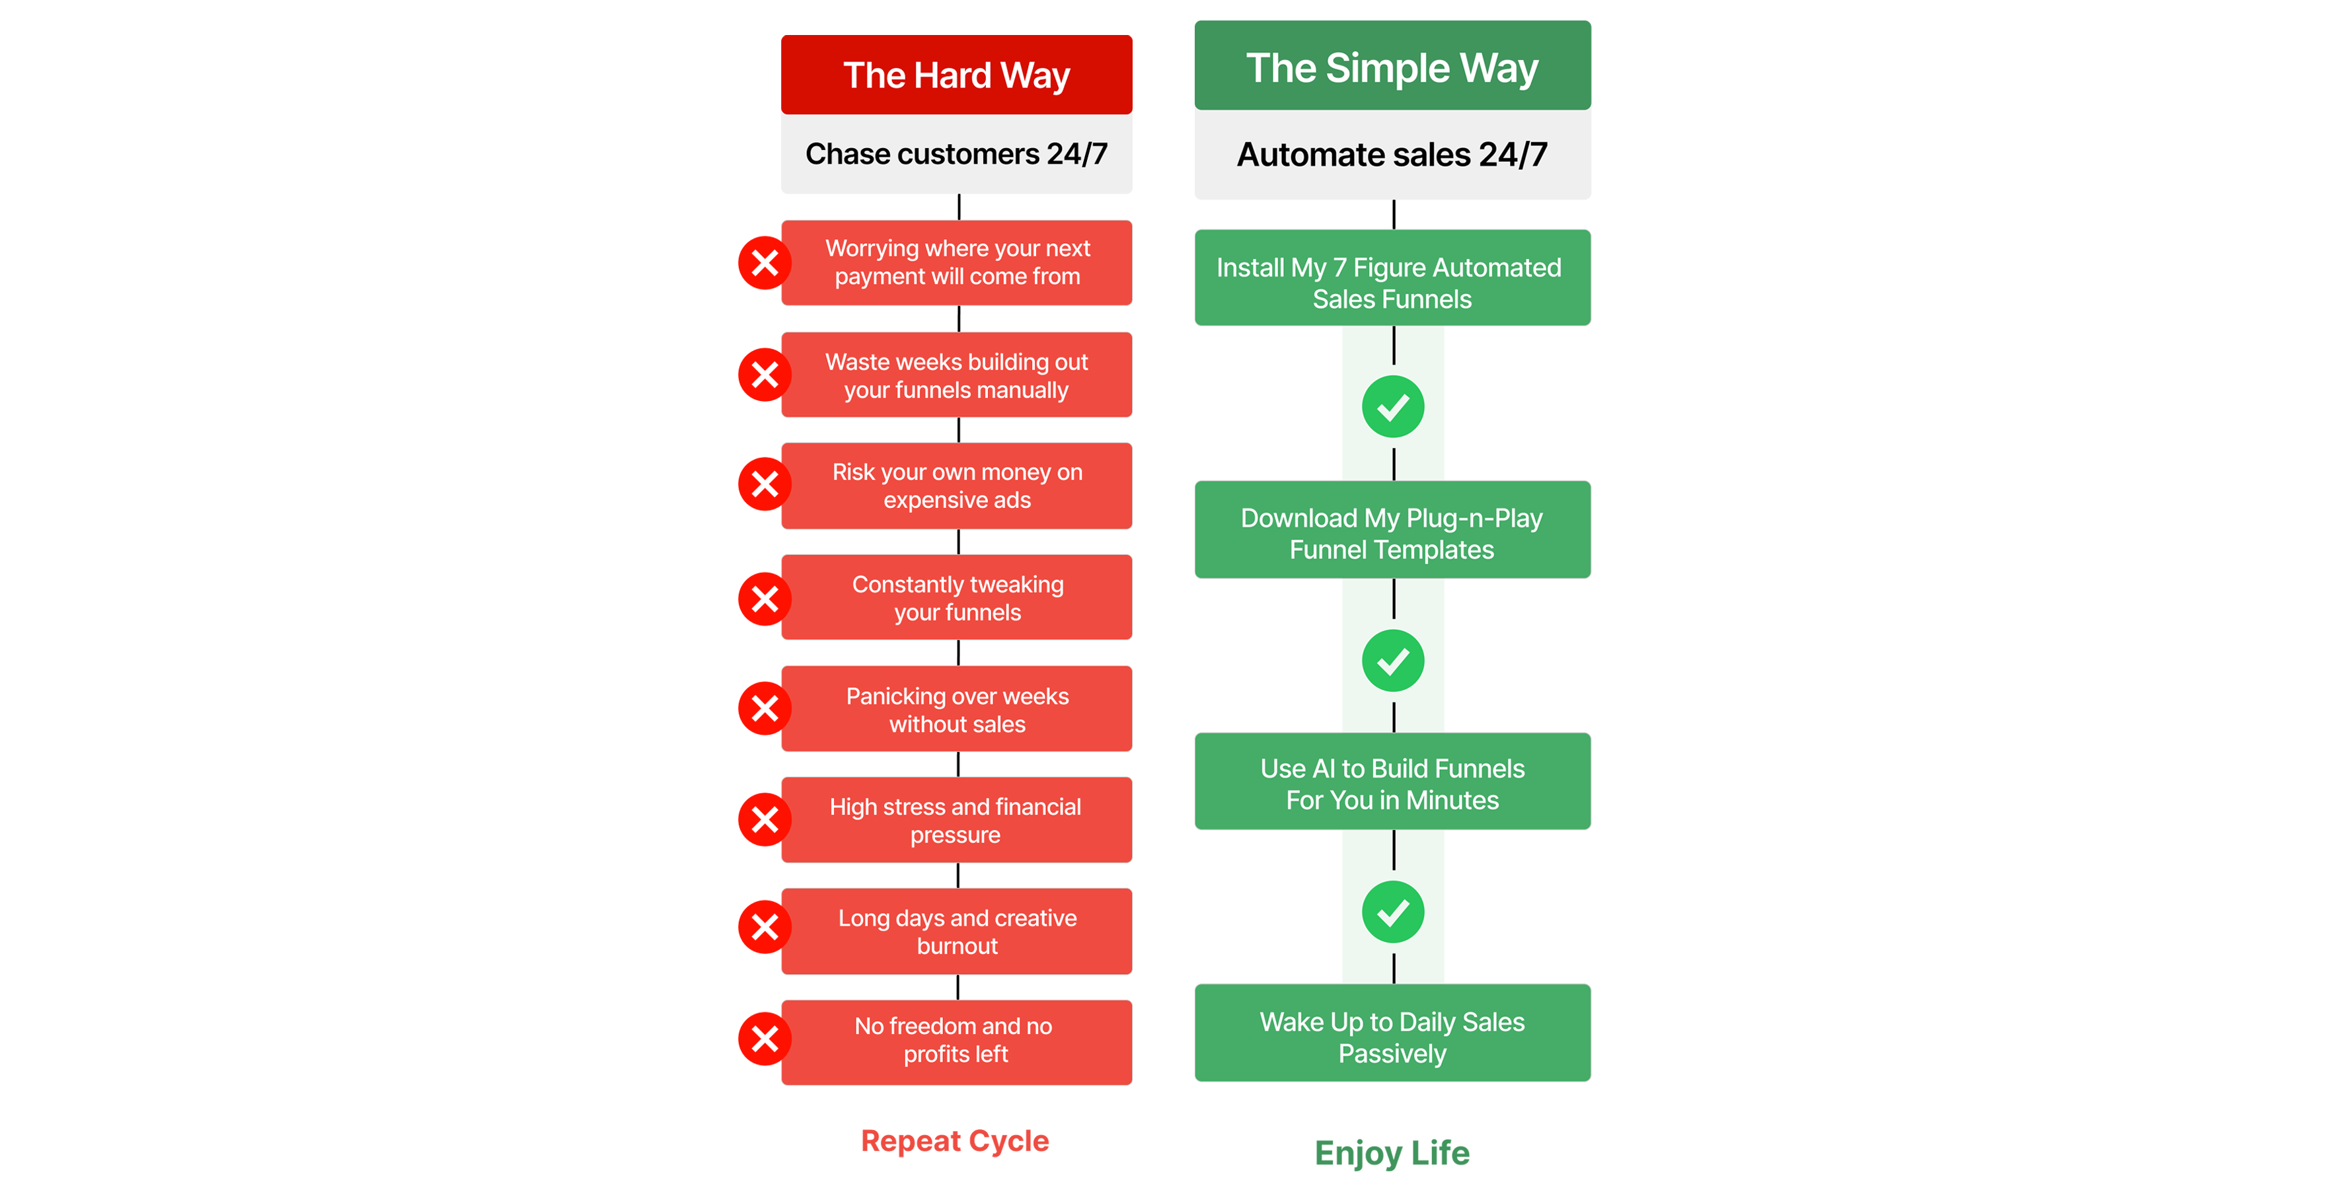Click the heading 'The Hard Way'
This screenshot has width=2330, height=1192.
(x=956, y=75)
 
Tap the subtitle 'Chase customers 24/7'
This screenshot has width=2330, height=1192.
(x=956, y=154)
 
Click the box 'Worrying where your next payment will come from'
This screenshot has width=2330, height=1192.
(x=956, y=262)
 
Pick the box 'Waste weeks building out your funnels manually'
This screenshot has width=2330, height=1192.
(x=956, y=375)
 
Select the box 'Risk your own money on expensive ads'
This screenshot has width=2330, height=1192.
(x=956, y=486)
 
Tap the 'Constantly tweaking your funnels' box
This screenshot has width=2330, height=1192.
(x=956, y=598)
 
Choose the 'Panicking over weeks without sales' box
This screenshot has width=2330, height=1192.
(x=956, y=709)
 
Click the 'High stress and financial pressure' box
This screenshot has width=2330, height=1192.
(x=956, y=820)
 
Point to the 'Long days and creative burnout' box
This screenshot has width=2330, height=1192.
(x=956, y=932)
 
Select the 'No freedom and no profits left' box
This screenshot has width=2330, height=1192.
(x=956, y=1041)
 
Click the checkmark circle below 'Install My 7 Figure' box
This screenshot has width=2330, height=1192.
(x=1393, y=407)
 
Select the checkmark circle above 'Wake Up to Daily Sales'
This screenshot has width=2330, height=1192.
(x=1393, y=912)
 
